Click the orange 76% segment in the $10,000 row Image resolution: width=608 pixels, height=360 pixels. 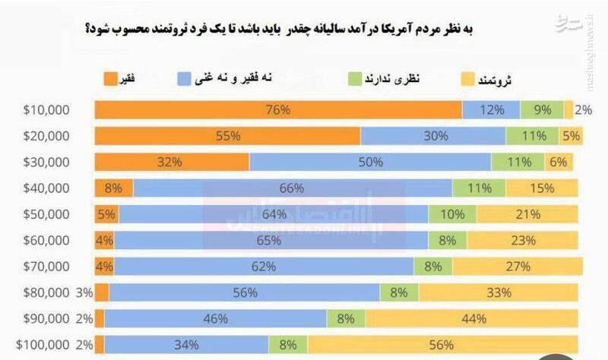coord(278,110)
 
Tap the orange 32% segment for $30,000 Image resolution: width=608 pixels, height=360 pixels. coord(172,162)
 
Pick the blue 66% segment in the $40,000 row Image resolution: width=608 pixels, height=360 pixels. coord(293,188)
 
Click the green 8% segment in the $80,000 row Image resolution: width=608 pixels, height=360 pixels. coord(399,292)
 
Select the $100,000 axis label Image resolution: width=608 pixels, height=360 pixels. coord(44,344)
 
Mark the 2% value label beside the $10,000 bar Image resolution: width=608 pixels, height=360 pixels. coord(583,110)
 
